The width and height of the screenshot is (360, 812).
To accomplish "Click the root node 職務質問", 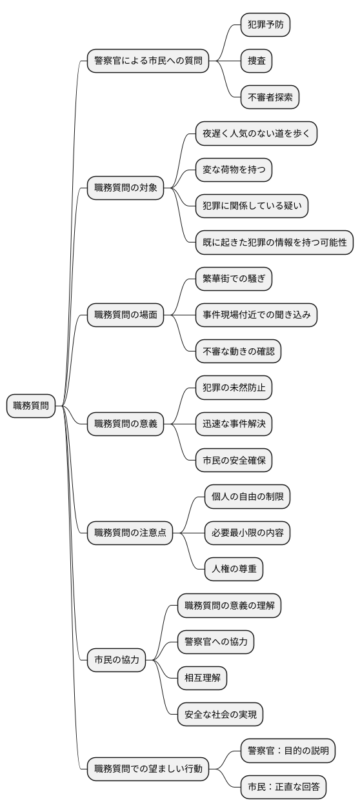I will point(31,406).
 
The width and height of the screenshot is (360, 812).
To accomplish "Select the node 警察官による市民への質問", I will point(148,61).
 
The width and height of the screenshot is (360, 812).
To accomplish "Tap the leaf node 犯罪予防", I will point(265,25).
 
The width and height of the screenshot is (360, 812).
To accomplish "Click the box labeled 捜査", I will point(256,61).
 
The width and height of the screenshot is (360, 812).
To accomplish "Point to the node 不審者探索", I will point(270,97).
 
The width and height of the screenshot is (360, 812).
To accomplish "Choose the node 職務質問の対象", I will point(125,188).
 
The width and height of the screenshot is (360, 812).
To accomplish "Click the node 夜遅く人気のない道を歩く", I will point(256,134).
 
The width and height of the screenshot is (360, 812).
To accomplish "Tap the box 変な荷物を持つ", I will point(234,170).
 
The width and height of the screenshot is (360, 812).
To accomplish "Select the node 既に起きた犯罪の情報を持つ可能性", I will point(274,243).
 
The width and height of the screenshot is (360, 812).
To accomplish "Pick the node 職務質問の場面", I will point(125,315).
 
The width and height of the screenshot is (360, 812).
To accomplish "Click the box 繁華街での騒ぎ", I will point(234,279).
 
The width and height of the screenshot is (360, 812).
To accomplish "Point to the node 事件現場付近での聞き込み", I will point(256,315).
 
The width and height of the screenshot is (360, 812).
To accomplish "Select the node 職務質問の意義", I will point(125,424).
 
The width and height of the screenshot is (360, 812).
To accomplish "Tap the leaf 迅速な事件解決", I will point(234,424).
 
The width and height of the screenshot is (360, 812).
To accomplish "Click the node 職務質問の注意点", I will point(130,532).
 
